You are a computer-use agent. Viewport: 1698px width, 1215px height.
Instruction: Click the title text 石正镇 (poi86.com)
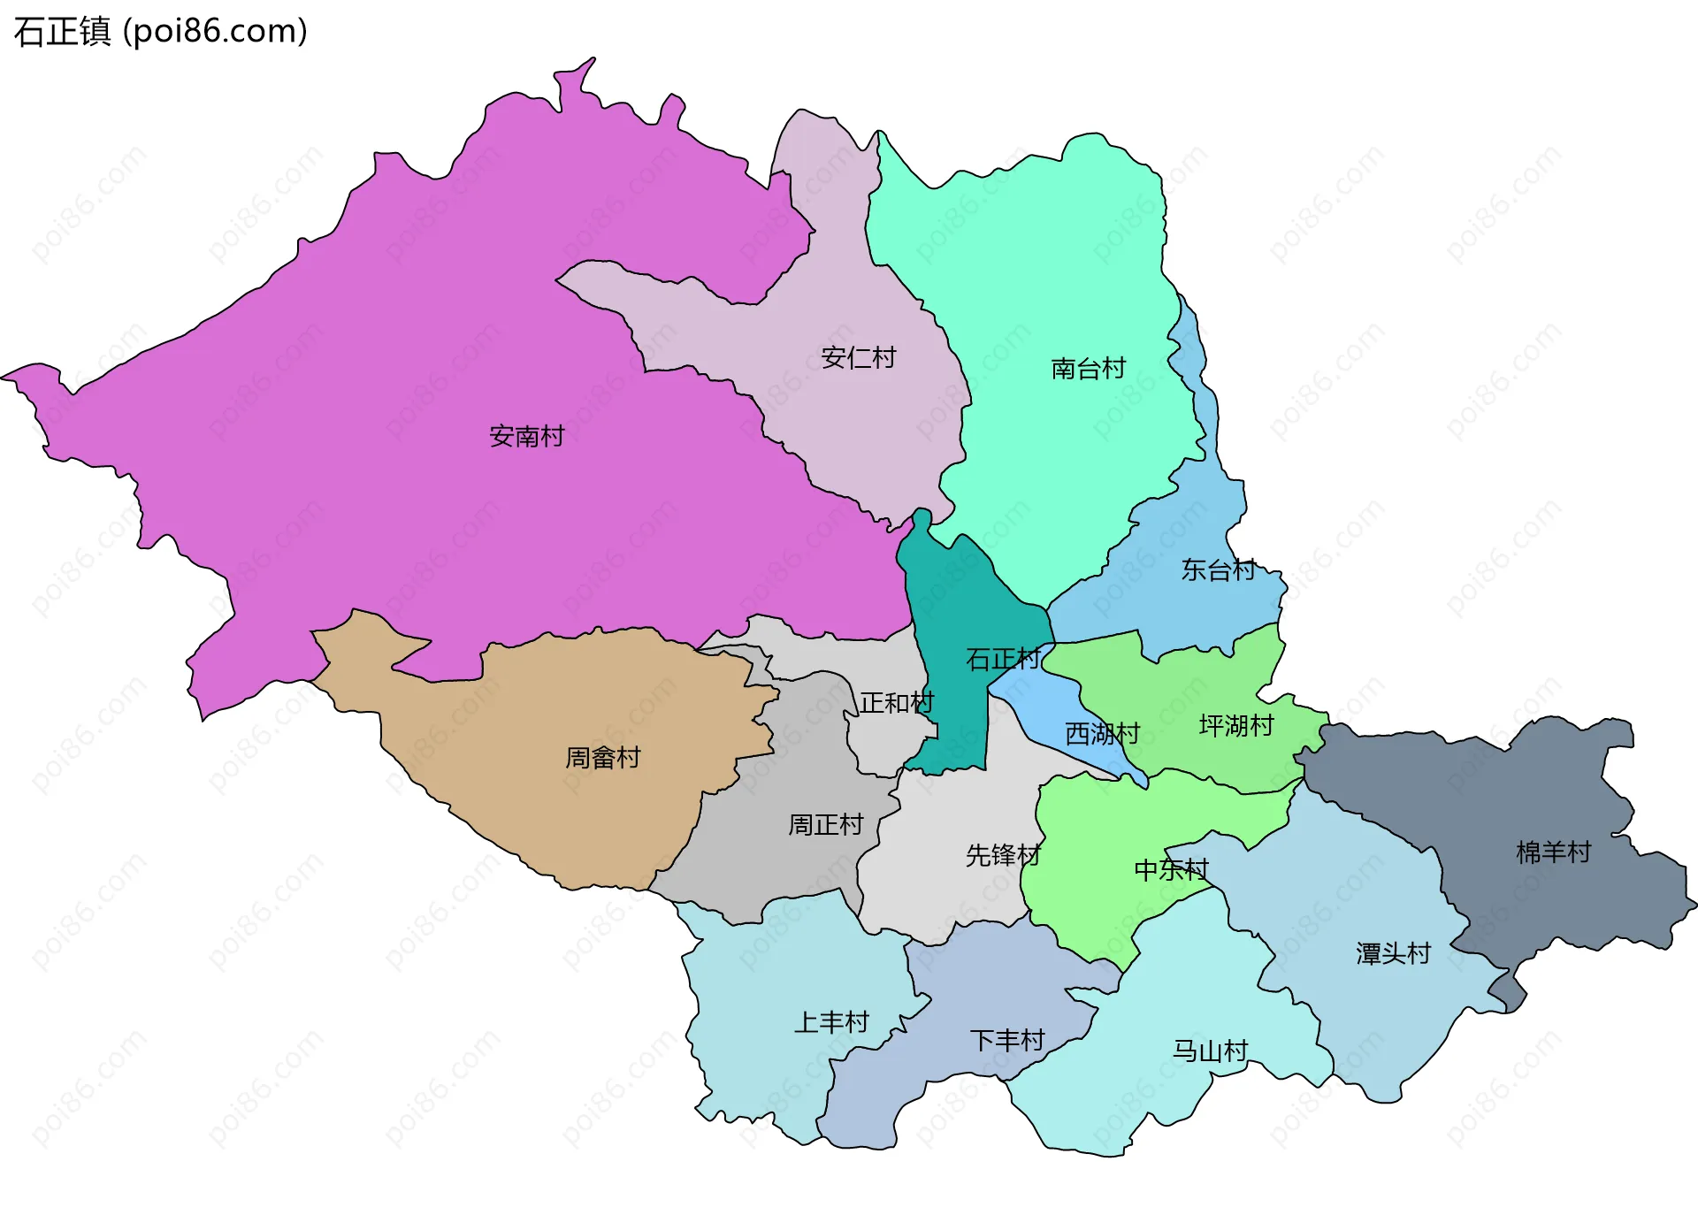[x=160, y=31]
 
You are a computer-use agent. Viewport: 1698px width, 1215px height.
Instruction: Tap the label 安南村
[x=526, y=436]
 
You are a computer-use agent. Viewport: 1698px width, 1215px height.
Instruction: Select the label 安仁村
[x=858, y=357]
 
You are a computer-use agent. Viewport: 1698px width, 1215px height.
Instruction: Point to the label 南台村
[x=1088, y=368]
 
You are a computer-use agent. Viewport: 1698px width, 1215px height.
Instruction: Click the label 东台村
[x=1218, y=569]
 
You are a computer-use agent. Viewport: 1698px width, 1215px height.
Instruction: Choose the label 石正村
[x=1003, y=659]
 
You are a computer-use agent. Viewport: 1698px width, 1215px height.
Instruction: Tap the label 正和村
[x=897, y=703]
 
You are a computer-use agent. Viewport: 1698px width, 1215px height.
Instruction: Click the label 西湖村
[x=1102, y=733]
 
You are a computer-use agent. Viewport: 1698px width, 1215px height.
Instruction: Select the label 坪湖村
[x=1236, y=725]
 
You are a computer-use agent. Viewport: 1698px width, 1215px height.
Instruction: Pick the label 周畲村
[x=602, y=757]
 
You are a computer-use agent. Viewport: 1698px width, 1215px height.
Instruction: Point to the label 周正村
[x=825, y=824]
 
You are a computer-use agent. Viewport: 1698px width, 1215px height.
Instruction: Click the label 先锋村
[x=1003, y=855]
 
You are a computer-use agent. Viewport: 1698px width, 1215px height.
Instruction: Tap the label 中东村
[x=1171, y=870]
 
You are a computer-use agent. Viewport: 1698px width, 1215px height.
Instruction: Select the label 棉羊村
[x=1553, y=852]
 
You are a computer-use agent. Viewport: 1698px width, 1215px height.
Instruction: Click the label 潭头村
[x=1393, y=953]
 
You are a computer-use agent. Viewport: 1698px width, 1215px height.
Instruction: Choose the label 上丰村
[x=831, y=1022]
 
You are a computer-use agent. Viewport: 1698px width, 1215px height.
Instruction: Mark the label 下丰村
[x=1007, y=1040]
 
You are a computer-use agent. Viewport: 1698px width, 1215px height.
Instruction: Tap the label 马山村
[x=1210, y=1051]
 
